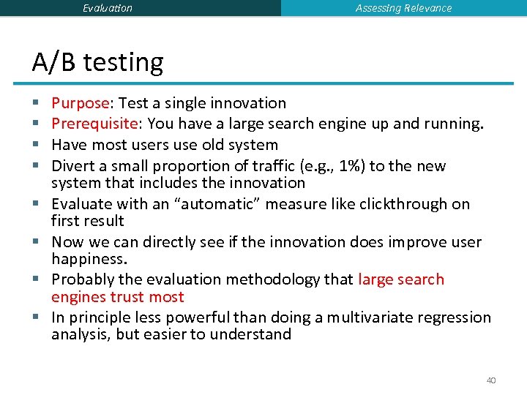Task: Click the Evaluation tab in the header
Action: [108, 8]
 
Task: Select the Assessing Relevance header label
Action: [403, 8]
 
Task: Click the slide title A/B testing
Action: [97, 62]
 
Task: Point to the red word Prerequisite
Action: [93, 124]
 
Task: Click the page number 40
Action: [491, 380]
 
